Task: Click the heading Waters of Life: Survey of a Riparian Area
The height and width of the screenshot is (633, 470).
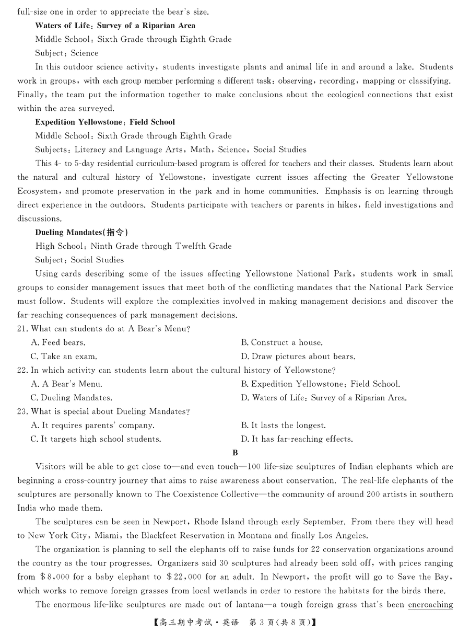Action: coord(115,25)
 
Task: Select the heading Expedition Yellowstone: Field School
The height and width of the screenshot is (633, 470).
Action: coord(105,122)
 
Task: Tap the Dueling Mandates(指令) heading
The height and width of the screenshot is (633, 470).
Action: coord(81,232)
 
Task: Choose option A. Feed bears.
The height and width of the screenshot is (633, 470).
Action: coord(58,343)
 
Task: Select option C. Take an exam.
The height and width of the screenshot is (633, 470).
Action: coord(64,356)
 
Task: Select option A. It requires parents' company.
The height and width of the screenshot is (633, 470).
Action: coord(92,425)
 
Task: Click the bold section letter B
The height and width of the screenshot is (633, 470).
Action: coord(235,453)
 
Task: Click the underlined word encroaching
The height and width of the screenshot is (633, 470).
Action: coord(430,605)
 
